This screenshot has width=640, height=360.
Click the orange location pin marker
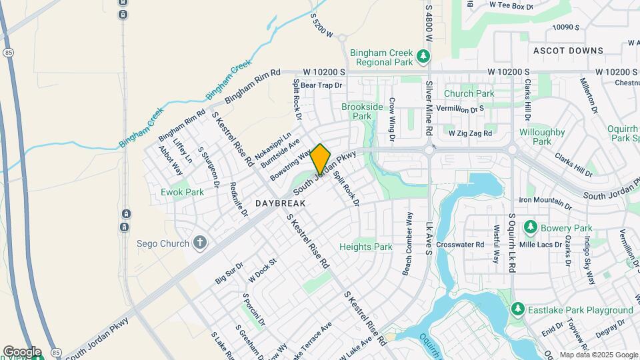[x=320, y=159]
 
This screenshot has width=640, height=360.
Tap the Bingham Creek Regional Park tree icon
[x=422, y=56]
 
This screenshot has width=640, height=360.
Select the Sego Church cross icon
[x=199, y=242]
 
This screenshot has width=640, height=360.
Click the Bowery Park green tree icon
[x=531, y=228]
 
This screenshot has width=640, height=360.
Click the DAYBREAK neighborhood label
[x=280, y=203]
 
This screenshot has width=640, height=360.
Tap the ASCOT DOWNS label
[x=568, y=51]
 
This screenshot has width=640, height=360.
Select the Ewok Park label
[x=182, y=192]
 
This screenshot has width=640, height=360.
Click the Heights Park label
[x=365, y=247]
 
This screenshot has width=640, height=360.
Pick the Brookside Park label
[x=362, y=111]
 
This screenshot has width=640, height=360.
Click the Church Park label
[x=469, y=94]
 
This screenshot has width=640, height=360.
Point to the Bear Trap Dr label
[x=321, y=85]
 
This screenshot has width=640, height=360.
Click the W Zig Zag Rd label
[x=470, y=133]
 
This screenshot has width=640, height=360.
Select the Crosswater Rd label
[x=461, y=245]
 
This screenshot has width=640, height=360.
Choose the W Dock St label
[x=262, y=269]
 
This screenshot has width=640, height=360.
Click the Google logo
[x=22, y=352]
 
